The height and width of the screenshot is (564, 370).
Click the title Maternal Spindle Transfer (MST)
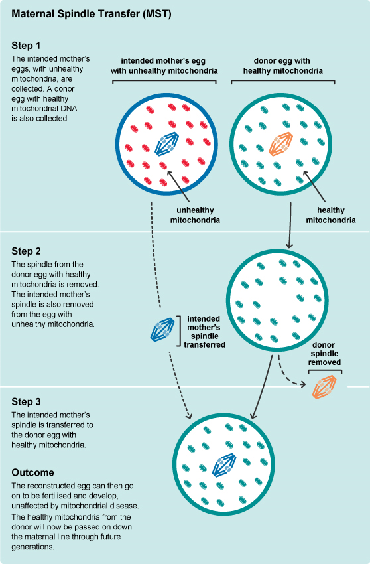pyautogui.click(x=92, y=14)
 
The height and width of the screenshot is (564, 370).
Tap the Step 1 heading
pyautogui.click(x=26, y=46)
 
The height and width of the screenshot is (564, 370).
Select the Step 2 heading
pyautogui.click(x=27, y=251)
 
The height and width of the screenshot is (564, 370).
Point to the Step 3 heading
pyautogui.click(x=27, y=401)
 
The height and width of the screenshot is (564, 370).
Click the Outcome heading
pyautogui.click(x=32, y=472)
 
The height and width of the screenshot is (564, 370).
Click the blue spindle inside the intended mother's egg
pyautogui.click(x=167, y=144)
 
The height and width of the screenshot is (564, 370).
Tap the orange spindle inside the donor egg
pyautogui.click(x=281, y=144)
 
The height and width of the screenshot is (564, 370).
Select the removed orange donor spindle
pyautogui.click(x=324, y=387)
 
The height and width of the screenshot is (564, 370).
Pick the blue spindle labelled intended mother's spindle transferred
pyautogui.click(x=162, y=330)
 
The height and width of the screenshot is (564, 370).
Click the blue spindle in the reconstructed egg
pyautogui.click(x=224, y=465)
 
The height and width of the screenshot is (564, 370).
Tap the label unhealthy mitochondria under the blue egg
pyautogui.click(x=195, y=215)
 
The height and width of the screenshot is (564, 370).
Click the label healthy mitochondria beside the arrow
pyautogui.click(x=331, y=215)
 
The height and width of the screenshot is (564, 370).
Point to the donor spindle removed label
pyautogui.click(x=324, y=354)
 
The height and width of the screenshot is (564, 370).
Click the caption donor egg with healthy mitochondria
pyautogui.click(x=282, y=66)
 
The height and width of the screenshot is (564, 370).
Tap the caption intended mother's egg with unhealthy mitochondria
pyautogui.click(x=164, y=66)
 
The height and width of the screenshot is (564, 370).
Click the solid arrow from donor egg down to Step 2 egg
pyautogui.click(x=290, y=226)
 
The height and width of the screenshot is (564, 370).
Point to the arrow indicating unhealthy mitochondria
pyautogui.click(x=178, y=186)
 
